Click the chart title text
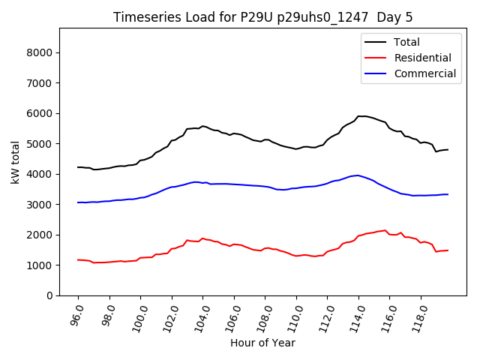(262, 17)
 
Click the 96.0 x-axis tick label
(76, 316)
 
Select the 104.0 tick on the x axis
(201, 316)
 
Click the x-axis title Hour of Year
(262, 343)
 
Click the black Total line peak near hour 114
(360, 116)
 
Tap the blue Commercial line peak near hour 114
(358, 175)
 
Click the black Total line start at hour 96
(77, 167)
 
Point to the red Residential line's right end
(448, 250)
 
